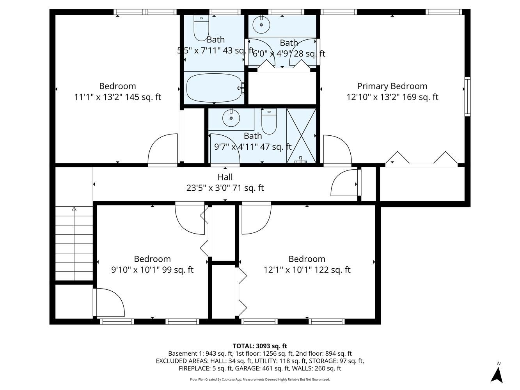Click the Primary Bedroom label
392,86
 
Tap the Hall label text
225,177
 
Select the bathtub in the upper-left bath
214,88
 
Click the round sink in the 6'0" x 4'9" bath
261,25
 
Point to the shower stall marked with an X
301,136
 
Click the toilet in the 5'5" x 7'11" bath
201,28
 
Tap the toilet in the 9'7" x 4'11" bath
269,121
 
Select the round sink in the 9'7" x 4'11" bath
231,118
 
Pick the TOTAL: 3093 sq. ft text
260,346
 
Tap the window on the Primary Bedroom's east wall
467,96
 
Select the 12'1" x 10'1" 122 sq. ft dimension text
307,270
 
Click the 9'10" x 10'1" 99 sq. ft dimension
152,270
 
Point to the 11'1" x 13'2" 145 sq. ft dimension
117,97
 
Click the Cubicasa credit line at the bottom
260,379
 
